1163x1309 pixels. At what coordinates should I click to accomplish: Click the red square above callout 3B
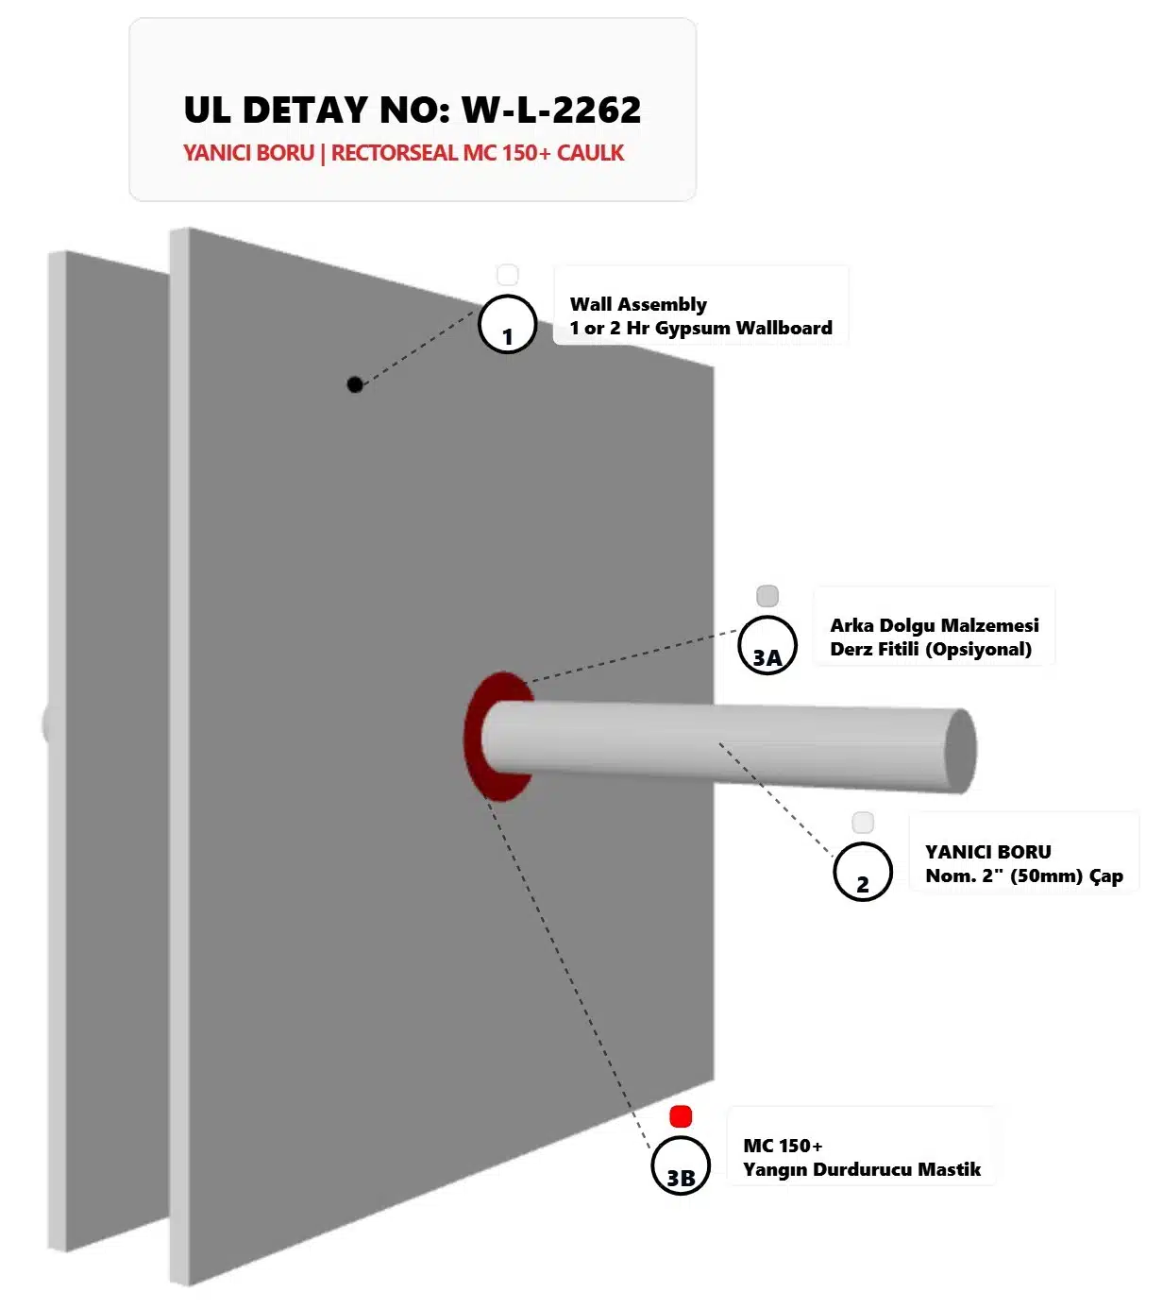point(681,1115)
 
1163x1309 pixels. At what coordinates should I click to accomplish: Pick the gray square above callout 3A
point(767,596)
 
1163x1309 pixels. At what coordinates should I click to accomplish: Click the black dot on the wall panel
point(355,384)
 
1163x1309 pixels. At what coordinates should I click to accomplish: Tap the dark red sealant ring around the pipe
point(472,737)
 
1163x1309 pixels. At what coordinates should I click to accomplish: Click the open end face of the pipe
point(961,751)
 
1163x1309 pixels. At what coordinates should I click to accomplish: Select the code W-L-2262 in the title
point(551,110)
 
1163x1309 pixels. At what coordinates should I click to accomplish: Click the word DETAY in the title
point(305,110)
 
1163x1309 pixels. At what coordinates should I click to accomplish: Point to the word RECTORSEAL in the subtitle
point(394,153)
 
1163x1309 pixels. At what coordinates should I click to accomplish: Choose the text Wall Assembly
point(638,304)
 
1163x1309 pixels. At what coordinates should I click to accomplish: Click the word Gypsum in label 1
point(693,329)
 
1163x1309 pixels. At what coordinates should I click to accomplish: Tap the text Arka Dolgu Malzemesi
point(935,625)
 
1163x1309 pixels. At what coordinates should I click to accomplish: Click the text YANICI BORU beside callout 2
point(988,852)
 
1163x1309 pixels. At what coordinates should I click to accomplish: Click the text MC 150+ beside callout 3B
point(783,1146)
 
